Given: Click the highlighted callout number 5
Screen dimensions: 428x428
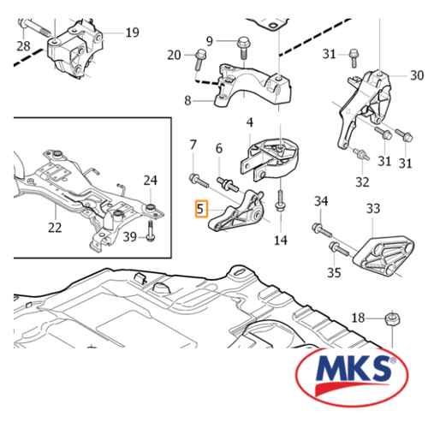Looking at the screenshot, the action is click(x=201, y=209).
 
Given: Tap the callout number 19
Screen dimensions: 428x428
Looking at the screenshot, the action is click(x=132, y=33).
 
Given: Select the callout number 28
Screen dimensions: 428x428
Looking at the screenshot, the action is click(x=23, y=45).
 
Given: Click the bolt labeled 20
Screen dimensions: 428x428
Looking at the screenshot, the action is click(x=200, y=59).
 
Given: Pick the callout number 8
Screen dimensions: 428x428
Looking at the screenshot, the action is click(x=187, y=100).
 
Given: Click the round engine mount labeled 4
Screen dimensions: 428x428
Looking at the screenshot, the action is click(x=270, y=159).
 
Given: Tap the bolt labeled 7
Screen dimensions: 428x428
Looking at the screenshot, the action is click(x=199, y=181).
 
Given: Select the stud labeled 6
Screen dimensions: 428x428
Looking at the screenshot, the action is click(x=228, y=184).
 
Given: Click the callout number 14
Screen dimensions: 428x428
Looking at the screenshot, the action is click(x=281, y=240).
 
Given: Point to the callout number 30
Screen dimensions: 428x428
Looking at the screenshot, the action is click(x=417, y=75).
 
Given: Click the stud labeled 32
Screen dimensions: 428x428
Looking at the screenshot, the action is click(x=361, y=153).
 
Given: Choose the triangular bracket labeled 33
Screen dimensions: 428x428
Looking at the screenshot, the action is click(x=383, y=255).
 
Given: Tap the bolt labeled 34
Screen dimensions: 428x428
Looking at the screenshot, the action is click(x=322, y=230).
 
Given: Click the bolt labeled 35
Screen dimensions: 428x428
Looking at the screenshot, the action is click(x=339, y=248).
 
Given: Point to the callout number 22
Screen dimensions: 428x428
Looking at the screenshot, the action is click(x=55, y=228).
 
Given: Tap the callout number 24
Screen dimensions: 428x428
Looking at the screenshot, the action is click(x=150, y=181).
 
